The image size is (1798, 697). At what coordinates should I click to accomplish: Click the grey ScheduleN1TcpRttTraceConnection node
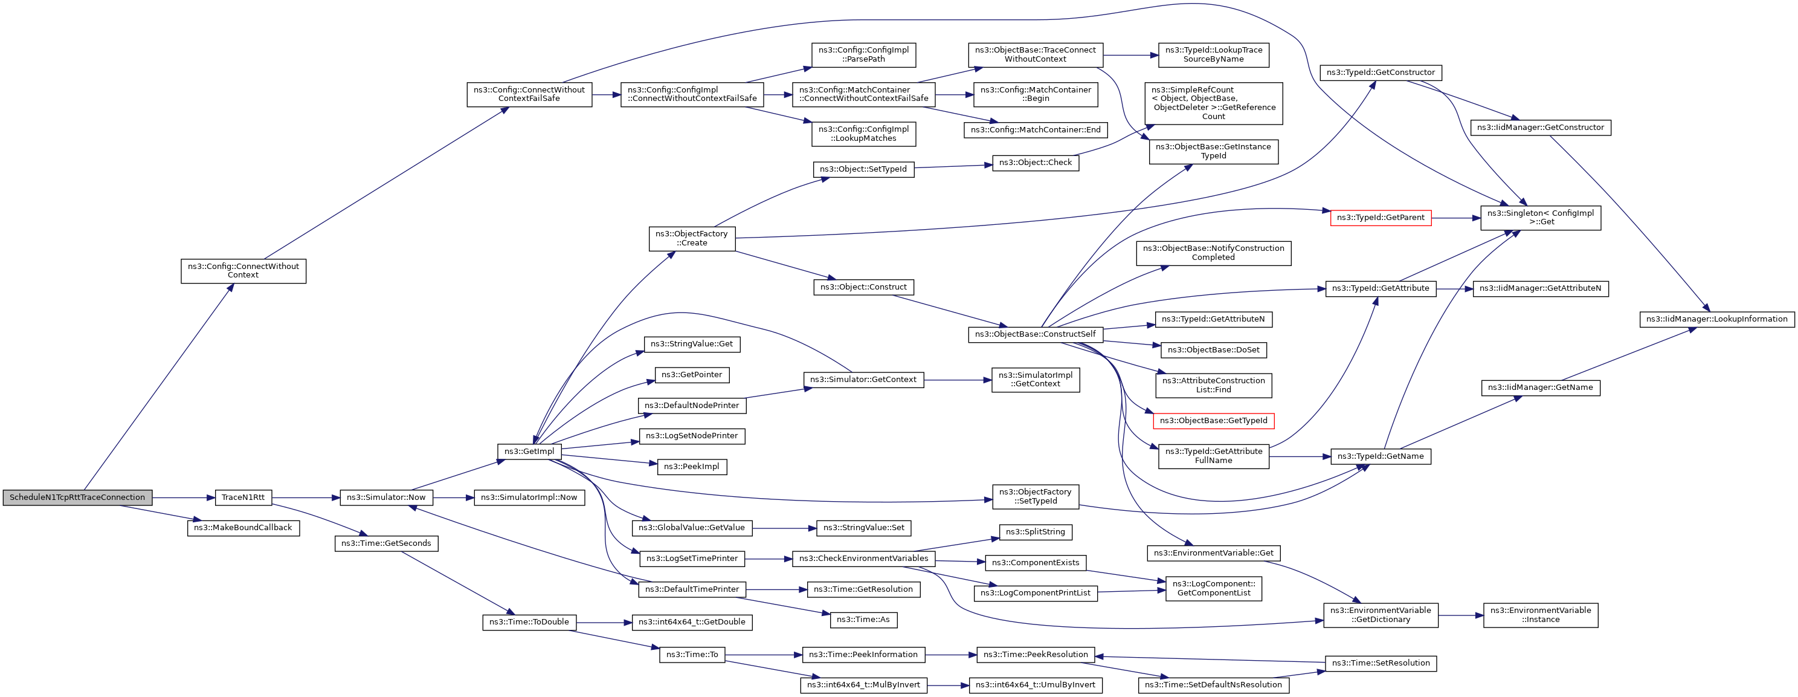[x=77, y=498]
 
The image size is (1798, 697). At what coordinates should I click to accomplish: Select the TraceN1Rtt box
[x=243, y=498]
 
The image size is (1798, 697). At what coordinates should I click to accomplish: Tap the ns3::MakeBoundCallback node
[x=243, y=528]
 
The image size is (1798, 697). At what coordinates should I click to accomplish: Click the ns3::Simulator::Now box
[x=386, y=498]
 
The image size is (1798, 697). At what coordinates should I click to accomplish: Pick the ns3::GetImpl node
[x=529, y=452]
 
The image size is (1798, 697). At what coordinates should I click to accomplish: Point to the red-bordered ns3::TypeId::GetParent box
[x=1380, y=218]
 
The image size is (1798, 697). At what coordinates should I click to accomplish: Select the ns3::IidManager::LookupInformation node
[x=1716, y=319]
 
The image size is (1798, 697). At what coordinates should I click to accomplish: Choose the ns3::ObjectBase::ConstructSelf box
[x=1035, y=334]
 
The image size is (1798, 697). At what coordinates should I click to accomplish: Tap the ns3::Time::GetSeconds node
[x=386, y=543]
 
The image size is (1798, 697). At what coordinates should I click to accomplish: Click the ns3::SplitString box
[x=1035, y=532]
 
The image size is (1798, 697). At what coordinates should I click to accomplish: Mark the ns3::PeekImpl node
[x=691, y=467]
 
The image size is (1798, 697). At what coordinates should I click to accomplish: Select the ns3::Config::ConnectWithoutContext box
[x=243, y=271]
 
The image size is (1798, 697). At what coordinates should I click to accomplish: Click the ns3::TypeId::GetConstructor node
[x=1380, y=73]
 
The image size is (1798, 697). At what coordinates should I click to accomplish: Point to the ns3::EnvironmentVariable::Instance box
[x=1540, y=615]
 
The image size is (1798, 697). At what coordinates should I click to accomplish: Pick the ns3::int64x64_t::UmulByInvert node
[x=1035, y=685]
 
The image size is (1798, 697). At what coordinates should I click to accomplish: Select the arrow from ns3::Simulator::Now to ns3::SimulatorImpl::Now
[x=454, y=498]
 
